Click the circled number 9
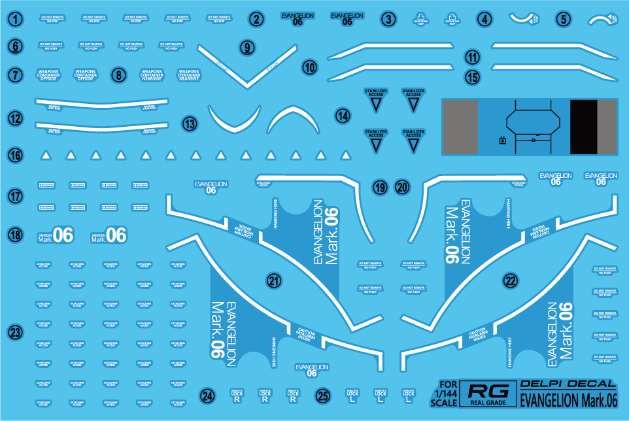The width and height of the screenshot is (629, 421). click(x=246, y=47)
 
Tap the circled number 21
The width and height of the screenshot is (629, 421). click(x=275, y=281)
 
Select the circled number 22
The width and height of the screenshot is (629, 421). click(x=511, y=281)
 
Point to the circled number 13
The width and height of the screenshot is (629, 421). click(x=190, y=124)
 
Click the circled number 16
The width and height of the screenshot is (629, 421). click(x=16, y=155)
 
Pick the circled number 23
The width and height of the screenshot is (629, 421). click(x=16, y=333)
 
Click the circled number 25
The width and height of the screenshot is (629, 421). click(x=322, y=396)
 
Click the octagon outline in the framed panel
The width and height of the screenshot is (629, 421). click(x=534, y=120)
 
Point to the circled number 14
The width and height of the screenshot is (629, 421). click(x=343, y=116)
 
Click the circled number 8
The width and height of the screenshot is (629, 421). click(x=118, y=75)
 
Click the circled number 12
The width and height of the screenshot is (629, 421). click(x=16, y=118)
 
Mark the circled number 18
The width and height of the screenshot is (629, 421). click(x=16, y=235)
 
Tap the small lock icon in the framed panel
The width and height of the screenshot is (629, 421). click(x=502, y=140)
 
